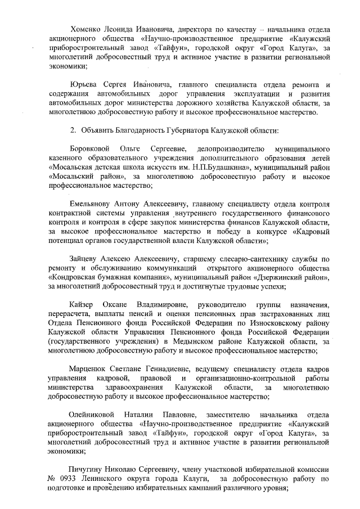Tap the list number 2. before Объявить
click(x=73, y=130)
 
